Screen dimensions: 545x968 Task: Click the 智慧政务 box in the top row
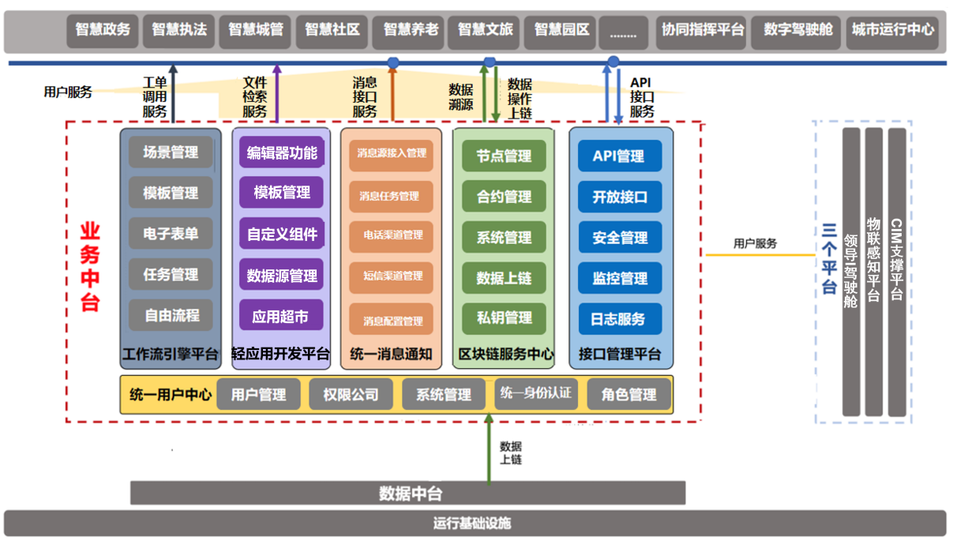click(103, 30)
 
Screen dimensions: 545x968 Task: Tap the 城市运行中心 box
click(892, 30)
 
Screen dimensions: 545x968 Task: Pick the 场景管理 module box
click(171, 152)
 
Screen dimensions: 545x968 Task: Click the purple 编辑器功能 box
click(282, 152)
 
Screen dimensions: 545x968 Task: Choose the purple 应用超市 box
click(281, 316)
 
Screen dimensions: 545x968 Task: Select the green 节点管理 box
click(504, 156)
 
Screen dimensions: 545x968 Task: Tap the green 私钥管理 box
click(504, 318)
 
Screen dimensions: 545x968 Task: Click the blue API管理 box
click(620, 156)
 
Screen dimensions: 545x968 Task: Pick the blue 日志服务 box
click(620, 319)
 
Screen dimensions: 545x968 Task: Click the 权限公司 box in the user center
click(351, 395)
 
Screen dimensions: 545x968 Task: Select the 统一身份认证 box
click(535, 393)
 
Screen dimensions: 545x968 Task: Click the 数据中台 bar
click(407, 494)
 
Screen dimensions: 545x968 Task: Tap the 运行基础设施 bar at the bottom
click(474, 523)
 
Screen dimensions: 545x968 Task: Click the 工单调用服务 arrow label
click(155, 97)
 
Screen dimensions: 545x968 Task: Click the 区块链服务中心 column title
click(506, 354)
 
